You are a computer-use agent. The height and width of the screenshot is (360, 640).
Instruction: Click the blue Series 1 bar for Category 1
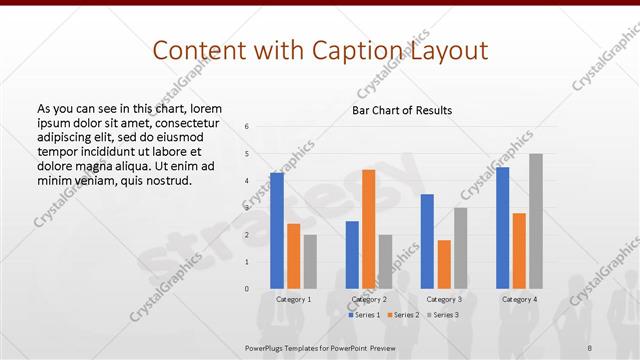click(x=276, y=231)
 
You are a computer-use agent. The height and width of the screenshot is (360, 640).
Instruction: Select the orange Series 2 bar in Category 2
click(x=369, y=229)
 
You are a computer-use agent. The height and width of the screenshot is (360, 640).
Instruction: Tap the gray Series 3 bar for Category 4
click(x=536, y=221)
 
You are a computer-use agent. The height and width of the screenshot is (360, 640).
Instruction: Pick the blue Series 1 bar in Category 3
click(x=427, y=241)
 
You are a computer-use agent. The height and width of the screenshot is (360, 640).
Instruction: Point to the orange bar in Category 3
click(x=444, y=264)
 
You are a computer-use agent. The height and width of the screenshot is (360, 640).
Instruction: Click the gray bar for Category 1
click(x=310, y=262)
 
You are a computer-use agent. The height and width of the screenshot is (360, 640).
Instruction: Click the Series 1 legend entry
click(x=365, y=315)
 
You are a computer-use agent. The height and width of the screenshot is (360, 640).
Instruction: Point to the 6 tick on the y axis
click(x=247, y=127)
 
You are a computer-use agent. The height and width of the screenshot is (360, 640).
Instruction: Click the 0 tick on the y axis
click(x=247, y=289)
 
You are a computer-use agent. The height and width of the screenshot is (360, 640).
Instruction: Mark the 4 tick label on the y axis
click(x=247, y=181)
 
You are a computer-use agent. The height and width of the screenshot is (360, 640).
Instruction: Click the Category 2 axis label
click(x=369, y=299)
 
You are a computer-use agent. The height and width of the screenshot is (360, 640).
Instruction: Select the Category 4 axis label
click(x=519, y=299)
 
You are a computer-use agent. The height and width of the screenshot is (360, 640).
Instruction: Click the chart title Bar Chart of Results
click(x=402, y=110)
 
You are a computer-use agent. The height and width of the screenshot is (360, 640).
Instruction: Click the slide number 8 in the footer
click(x=589, y=347)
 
